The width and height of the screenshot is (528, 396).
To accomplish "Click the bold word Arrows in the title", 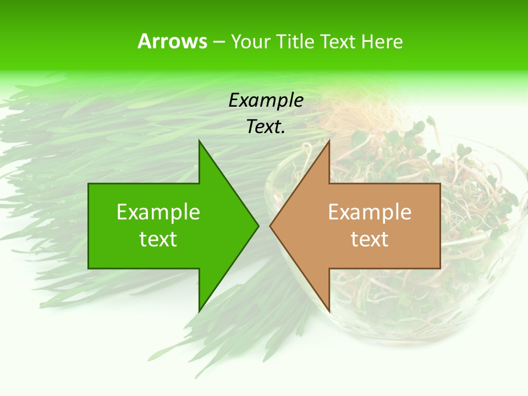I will click(172, 41).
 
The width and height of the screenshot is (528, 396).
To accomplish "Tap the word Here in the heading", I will click(382, 41).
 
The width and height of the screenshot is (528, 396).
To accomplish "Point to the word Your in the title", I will click(250, 41).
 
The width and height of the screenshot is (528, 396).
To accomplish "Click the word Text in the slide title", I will click(337, 41).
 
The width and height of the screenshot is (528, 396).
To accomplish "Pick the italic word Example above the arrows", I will click(266, 100).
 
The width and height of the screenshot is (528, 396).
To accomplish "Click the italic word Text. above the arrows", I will click(266, 127).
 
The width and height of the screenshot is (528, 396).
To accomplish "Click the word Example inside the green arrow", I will click(158, 212).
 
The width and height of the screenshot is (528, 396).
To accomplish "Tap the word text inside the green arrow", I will click(158, 239).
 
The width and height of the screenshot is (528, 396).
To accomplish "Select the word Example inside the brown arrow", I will click(370, 212).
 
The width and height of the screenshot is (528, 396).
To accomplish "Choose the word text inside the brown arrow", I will click(370, 239).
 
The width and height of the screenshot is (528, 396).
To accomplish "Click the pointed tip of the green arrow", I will click(257, 226).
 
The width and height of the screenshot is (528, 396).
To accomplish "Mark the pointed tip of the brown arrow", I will click(271, 226).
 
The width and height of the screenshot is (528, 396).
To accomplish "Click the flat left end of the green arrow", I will click(89, 226).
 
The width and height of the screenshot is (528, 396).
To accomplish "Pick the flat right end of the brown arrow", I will click(439, 226).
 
